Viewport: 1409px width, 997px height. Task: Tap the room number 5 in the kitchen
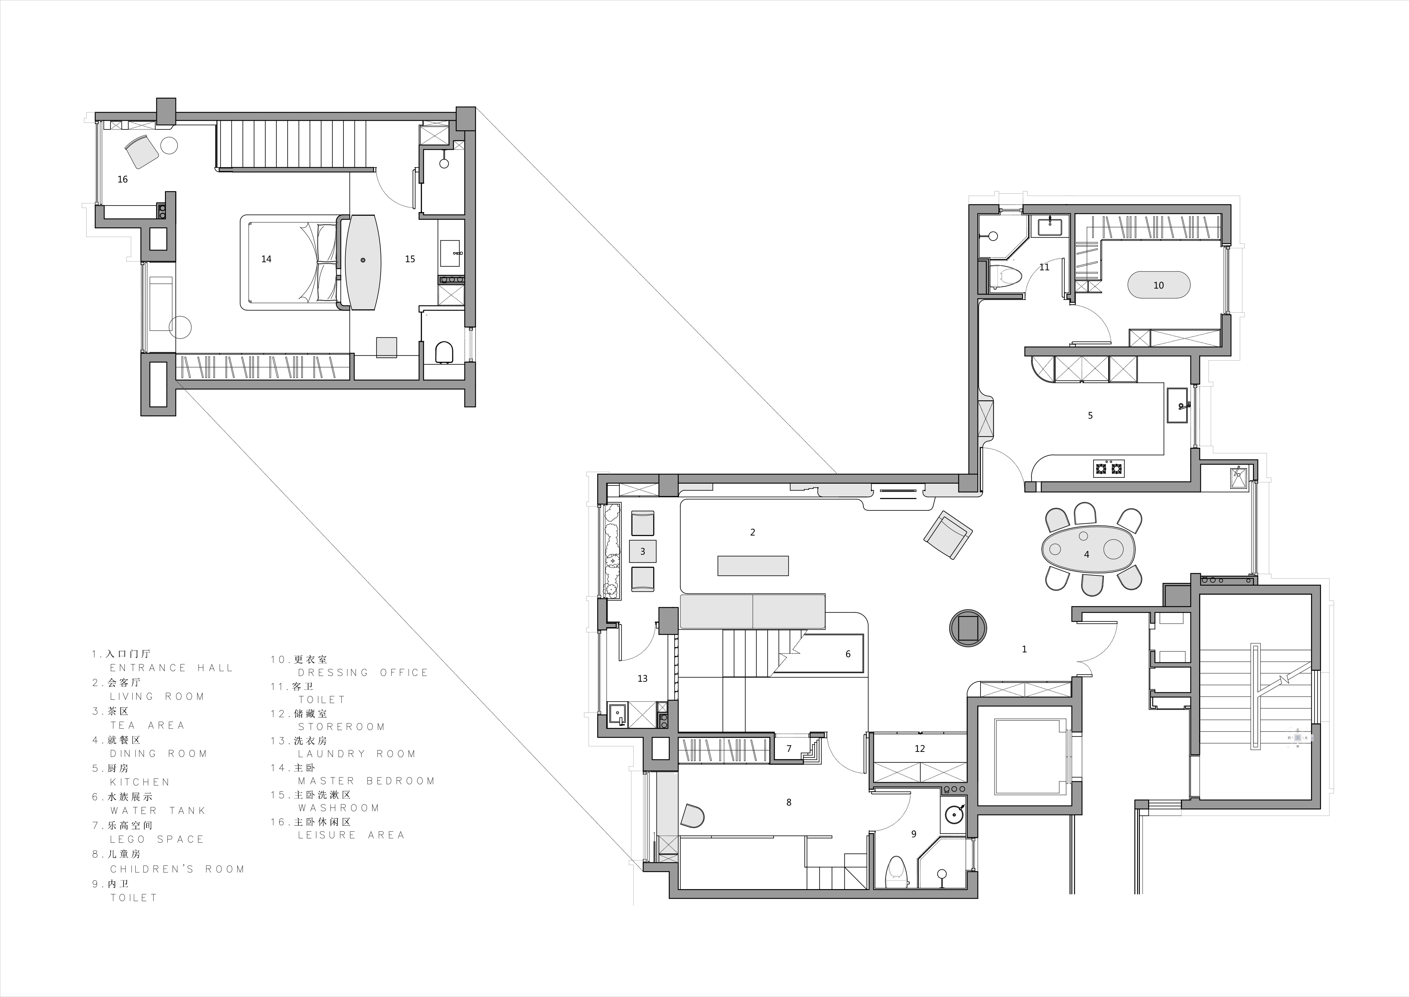pyautogui.click(x=1090, y=416)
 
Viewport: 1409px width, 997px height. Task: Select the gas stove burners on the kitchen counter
pyautogui.click(x=1109, y=468)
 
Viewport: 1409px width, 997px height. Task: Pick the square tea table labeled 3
pyautogui.click(x=643, y=551)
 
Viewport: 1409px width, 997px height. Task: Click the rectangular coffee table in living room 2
pyautogui.click(x=753, y=565)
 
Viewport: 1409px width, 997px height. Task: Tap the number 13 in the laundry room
pyautogui.click(x=643, y=678)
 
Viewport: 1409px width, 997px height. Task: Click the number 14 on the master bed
pyautogui.click(x=266, y=259)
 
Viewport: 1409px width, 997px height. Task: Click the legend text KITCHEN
pyautogui.click(x=140, y=782)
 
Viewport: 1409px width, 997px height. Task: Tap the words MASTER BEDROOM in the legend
pyautogui.click(x=366, y=781)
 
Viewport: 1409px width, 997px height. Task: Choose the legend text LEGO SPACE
pyautogui.click(x=157, y=839)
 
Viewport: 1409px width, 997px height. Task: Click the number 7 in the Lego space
pyautogui.click(x=789, y=749)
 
